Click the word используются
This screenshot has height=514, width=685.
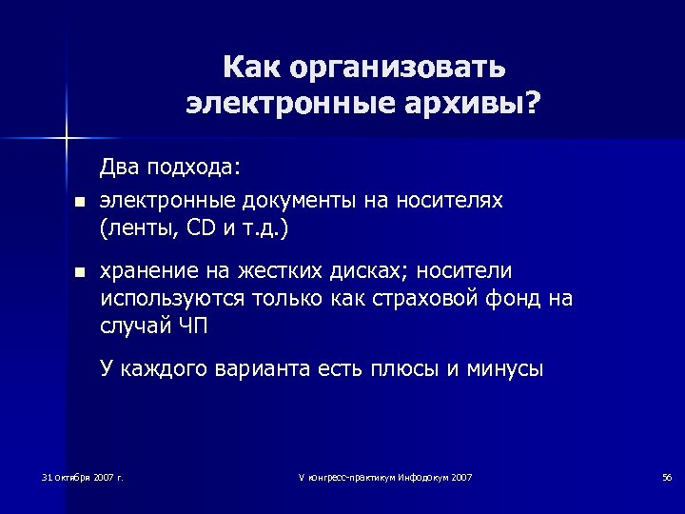pyautogui.click(x=172, y=299)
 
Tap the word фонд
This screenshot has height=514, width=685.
pyautogui.click(x=517, y=299)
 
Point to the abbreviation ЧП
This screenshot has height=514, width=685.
pyautogui.click(x=193, y=326)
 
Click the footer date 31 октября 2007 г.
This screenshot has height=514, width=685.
pyautogui.click(x=84, y=476)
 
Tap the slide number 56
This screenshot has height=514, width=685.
pyautogui.click(x=666, y=476)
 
